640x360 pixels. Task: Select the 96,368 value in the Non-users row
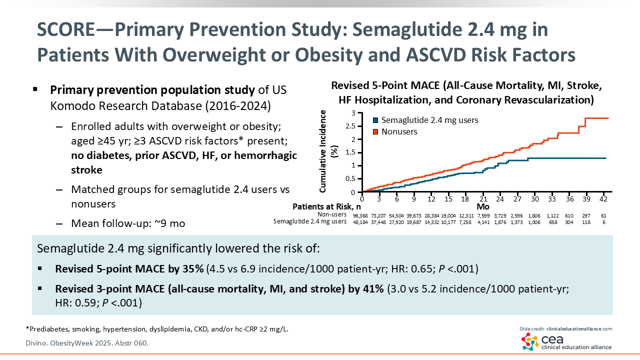(363, 215)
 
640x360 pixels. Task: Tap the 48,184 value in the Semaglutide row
(363, 221)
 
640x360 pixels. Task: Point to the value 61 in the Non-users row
(603, 215)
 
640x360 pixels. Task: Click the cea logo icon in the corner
(530, 342)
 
